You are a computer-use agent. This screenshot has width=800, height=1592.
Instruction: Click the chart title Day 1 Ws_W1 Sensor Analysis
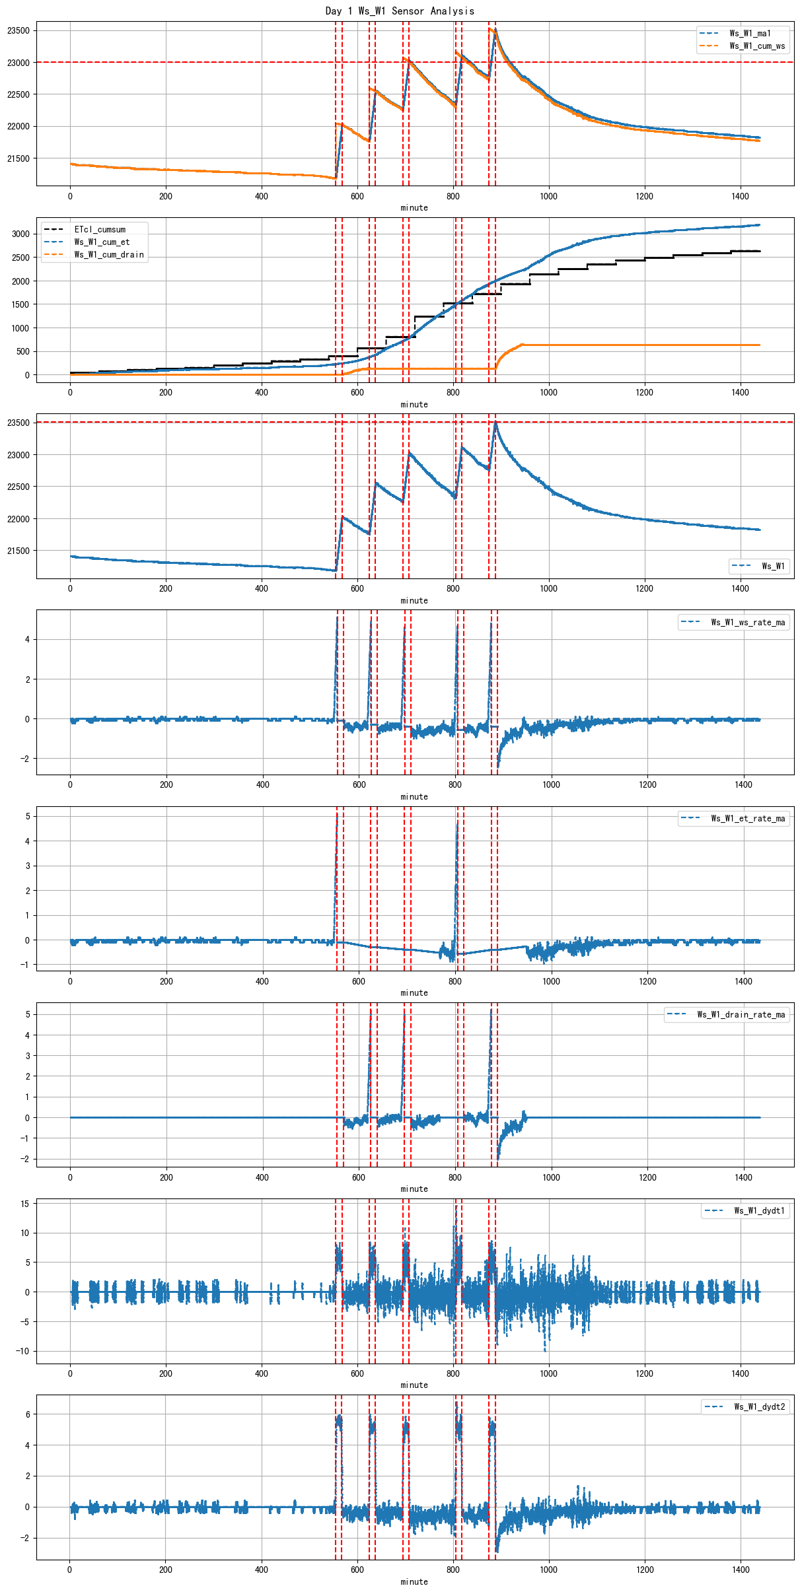(x=400, y=11)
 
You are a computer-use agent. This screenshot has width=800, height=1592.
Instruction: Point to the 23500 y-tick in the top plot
(x=18, y=31)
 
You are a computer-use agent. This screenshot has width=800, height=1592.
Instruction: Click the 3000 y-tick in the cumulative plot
(x=20, y=234)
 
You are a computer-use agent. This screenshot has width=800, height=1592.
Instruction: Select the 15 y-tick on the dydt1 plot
(x=25, y=1204)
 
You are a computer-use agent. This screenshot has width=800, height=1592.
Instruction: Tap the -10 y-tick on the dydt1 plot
(x=22, y=1351)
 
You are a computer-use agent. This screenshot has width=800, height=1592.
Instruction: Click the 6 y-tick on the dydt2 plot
(x=27, y=1414)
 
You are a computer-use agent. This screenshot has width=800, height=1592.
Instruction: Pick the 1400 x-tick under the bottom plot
(x=741, y=1570)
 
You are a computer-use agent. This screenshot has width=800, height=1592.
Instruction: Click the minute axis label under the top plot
(x=414, y=208)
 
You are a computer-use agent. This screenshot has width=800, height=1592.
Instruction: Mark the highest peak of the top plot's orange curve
(x=490, y=28)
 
